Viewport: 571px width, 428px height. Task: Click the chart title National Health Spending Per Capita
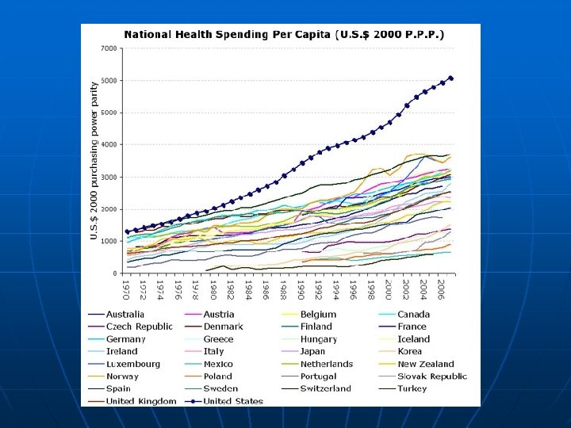tap(283, 34)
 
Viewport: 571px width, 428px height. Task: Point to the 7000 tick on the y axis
tap(109, 48)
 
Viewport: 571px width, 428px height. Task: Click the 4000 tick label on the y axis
tap(109, 145)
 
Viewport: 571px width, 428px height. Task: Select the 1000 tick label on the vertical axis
tap(109, 242)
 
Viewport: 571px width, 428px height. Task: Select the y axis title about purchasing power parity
tap(94, 160)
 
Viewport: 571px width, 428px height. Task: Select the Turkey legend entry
tap(412, 388)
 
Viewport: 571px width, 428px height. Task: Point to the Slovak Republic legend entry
tap(431, 376)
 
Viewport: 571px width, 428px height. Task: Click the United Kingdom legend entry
tap(141, 401)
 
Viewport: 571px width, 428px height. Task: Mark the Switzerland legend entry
tap(327, 388)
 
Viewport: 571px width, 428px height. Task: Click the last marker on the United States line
tap(450, 78)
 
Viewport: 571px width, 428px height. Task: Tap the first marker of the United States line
tap(127, 231)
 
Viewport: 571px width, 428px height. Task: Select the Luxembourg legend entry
tap(132, 364)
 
